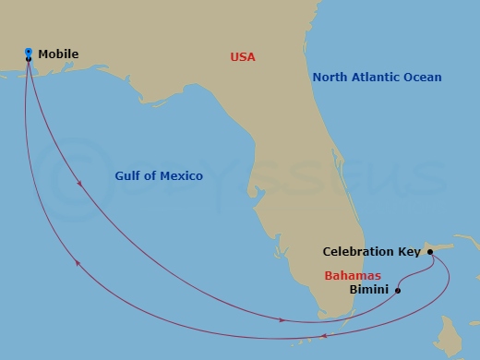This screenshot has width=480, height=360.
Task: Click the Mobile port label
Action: pos(58,54)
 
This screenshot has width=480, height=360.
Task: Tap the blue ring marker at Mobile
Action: pos(29,51)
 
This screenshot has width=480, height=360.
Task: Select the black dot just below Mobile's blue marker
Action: pos(29,59)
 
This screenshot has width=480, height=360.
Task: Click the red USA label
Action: pos(242,57)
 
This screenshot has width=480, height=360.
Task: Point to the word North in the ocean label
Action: pos(330,78)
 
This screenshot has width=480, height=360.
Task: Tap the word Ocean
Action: pos(424,78)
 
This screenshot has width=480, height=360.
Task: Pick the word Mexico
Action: pos(181,175)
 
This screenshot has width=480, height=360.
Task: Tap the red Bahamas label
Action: pos(351,275)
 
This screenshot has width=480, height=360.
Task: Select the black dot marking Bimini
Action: pos(398,291)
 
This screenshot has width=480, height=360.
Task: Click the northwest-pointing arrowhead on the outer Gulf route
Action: pos(78,264)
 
